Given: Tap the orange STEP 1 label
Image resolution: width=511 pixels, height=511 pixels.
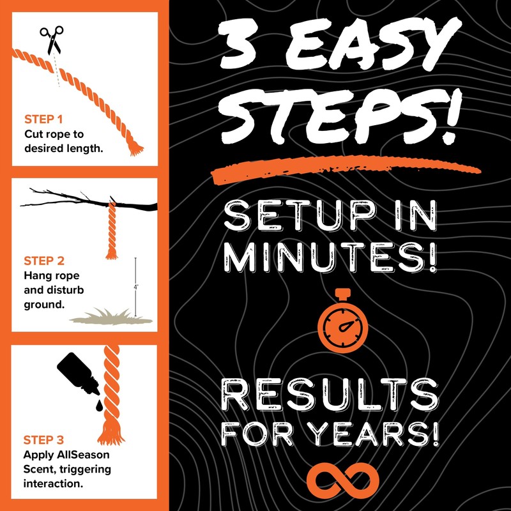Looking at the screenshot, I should [x=44, y=119].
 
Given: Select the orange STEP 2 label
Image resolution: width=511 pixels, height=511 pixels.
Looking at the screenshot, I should [x=44, y=261].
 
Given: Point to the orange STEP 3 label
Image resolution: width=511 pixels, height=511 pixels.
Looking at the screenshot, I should [x=44, y=440].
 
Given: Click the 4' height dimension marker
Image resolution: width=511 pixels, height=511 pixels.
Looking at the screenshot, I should [x=135, y=287].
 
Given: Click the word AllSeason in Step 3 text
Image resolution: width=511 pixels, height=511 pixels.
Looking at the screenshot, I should [x=83, y=456].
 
